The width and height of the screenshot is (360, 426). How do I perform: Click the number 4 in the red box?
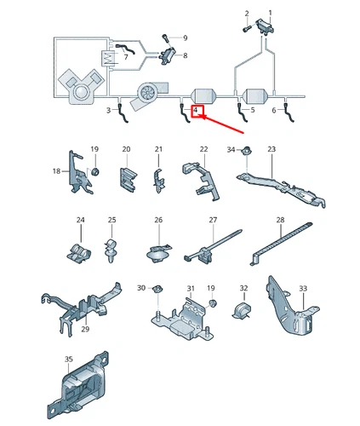pos(197,112)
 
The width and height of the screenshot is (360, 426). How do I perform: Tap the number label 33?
pos(303,290)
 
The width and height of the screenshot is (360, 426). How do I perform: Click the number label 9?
pos(186,38)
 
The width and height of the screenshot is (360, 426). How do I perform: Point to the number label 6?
pos(274,111)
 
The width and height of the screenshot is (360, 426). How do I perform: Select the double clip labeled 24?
pos(79,250)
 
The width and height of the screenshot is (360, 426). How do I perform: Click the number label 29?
pos(84,329)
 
